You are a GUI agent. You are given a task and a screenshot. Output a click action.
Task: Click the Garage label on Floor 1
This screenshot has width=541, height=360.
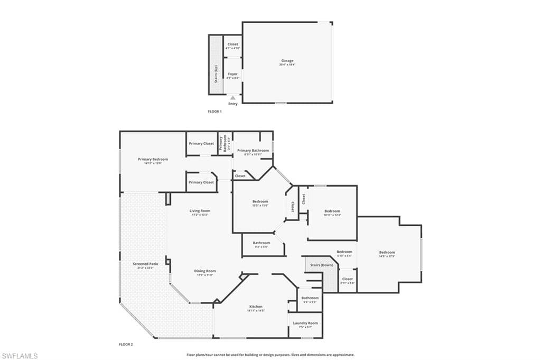click(x=287, y=61)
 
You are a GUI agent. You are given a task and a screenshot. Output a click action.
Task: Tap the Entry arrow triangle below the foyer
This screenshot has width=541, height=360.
click(x=232, y=98)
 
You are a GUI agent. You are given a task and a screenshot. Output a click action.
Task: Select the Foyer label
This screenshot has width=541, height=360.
click(x=232, y=74)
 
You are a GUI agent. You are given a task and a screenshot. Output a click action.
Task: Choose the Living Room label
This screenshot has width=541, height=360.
click(x=200, y=211)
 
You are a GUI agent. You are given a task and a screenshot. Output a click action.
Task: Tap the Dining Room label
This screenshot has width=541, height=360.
click(x=206, y=271)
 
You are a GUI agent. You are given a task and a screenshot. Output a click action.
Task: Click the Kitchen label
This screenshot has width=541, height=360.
click(x=256, y=307)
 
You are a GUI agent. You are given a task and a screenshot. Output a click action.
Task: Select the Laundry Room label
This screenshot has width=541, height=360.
click(x=305, y=323)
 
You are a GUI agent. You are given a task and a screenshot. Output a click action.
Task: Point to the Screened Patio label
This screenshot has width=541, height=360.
click(x=145, y=263)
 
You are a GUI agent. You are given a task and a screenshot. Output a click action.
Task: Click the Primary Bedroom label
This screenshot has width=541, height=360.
click(x=153, y=159)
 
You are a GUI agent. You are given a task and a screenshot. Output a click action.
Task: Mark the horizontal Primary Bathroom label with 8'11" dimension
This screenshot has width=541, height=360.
click(x=253, y=151)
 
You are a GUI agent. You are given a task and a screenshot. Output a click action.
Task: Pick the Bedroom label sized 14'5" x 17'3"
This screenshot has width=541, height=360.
click(x=387, y=252)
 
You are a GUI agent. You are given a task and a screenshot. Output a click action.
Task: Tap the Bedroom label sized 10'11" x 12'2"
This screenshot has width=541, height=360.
click(x=332, y=211)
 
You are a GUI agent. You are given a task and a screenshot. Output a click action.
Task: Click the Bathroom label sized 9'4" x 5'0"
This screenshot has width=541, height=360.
click(x=261, y=243)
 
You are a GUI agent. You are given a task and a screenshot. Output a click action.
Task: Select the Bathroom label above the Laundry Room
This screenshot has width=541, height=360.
click(x=310, y=298)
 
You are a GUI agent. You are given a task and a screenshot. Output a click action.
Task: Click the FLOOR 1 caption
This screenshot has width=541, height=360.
click(x=215, y=112)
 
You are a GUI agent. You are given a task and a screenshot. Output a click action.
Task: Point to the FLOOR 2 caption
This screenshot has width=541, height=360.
click(x=126, y=344)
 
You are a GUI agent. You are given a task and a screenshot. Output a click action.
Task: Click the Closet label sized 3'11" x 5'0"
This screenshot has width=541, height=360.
click(x=347, y=279)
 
